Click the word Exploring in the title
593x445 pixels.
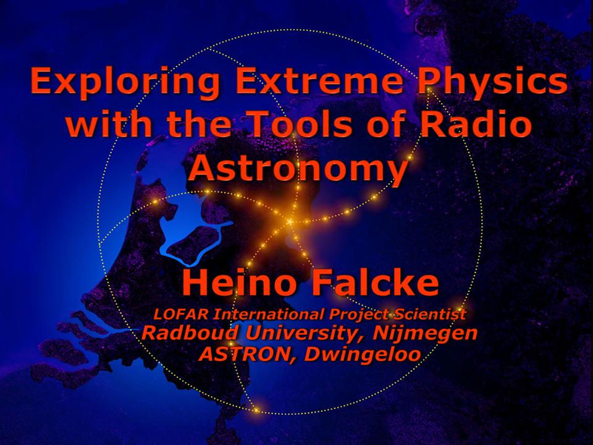pos(124,82)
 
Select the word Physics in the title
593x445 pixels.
pos(492,82)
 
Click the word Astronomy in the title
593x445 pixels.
pos(298,168)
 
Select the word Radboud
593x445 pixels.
pos(191,333)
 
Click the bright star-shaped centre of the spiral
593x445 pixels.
pos(290,221)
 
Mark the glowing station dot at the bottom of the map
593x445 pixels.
pos(256,410)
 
